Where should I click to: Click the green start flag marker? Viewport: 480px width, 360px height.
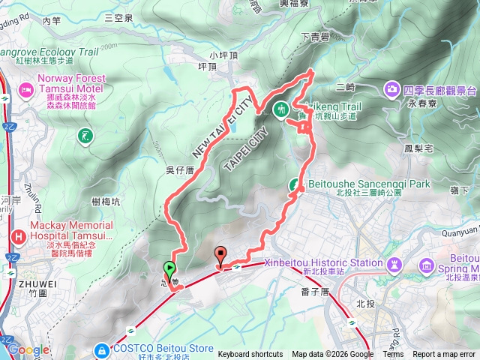coord(169,268)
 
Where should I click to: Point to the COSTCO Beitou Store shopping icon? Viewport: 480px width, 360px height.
coord(100,350)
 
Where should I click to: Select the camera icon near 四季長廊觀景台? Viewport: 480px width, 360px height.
coord(391,91)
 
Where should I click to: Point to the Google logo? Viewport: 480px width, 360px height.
coord(28,349)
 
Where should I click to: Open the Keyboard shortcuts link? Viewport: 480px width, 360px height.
coord(250,355)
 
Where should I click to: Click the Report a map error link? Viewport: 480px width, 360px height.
coord(444,355)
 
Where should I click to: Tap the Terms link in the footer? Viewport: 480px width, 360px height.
coord(393,355)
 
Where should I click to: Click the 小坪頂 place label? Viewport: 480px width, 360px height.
coord(223,55)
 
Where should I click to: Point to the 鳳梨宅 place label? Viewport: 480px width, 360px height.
coord(418,149)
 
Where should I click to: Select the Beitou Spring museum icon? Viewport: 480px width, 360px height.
coord(427,265)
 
